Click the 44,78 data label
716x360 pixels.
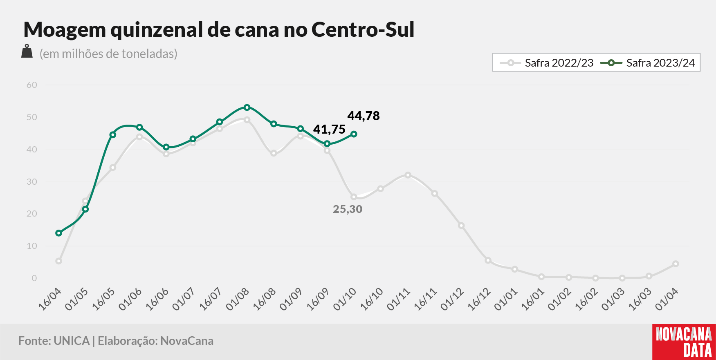click(364, 116)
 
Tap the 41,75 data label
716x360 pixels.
click(329, 130)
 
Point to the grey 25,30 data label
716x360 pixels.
click(348, 209)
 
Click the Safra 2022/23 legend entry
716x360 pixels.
click(547, 63)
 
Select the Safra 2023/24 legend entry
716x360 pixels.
click(648, 63)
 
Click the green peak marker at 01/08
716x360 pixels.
click(247, 107)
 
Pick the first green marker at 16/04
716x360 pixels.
click(59, 233)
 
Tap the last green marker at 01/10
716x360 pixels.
click(354, 134)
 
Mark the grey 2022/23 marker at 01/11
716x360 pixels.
click(408, 175)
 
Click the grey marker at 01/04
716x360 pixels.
click(676, 264)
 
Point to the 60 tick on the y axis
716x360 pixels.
click(32, 85)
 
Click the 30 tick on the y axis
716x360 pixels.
click(32, 181)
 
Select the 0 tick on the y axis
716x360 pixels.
click(34, 278)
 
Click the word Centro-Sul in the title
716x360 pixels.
click(363, 29)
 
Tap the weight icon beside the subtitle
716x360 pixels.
click(27, 51)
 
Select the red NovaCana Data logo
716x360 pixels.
click(684, 342)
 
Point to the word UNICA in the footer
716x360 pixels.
click(72, 341)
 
